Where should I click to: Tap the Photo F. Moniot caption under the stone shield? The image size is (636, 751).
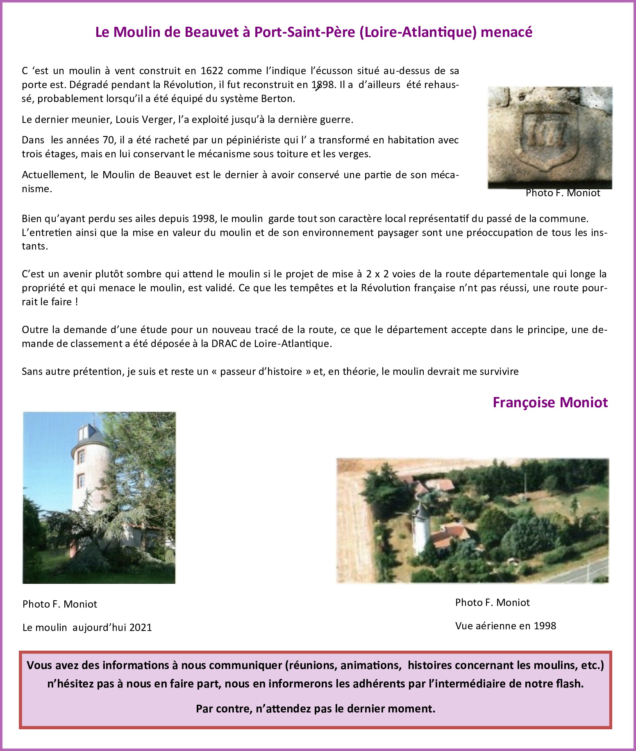(563, 193)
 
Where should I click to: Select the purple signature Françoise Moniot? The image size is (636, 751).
(550, 402)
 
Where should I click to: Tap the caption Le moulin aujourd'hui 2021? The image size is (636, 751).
(87, 627)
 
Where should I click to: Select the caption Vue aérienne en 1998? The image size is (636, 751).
(505, 626)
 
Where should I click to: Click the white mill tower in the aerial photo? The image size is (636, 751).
(420, 529)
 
